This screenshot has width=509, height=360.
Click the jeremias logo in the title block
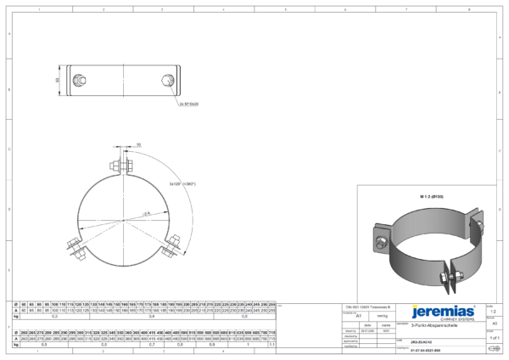pos(442,312)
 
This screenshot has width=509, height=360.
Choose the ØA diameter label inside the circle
pos(146,212)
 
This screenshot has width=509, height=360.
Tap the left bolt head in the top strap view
pos(79,81)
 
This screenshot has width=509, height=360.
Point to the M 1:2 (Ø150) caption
pos(432,196)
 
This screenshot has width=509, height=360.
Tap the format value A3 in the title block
pos(495,323)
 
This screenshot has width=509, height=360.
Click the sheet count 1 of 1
pos(495,338)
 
